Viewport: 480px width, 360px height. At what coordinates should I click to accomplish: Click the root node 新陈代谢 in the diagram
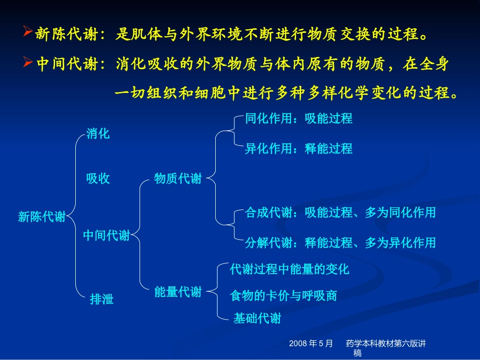[x=41, y=217]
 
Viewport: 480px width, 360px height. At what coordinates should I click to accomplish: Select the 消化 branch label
[x=98, y=134]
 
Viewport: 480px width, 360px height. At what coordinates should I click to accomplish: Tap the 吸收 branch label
[x=98, y=179]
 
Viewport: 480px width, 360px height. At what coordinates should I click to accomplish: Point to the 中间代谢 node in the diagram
[x=106, y=235]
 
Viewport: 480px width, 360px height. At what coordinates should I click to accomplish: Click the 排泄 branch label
[x=102, y=299]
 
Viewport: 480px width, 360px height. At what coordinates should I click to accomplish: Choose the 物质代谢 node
[x=177, y=179]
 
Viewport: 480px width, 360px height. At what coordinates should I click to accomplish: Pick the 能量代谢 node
[x=177, y=292]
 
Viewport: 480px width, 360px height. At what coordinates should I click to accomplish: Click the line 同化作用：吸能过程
[x=299, y=119]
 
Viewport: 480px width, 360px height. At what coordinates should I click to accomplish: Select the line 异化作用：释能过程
[x=299, y=149]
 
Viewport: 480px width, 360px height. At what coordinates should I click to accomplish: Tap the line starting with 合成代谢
[x=340, y=213]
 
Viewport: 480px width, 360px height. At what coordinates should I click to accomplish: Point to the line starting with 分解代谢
[x=340, y=243]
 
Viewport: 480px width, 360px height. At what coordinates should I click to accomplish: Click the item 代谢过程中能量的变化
[x=289, y=269]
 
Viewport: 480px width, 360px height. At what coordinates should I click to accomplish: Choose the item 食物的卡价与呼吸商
[x=283, y=295]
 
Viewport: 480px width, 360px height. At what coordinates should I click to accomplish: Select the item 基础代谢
[x=257, y=319]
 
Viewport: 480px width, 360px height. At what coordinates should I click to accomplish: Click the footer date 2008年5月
[x=311, y=344]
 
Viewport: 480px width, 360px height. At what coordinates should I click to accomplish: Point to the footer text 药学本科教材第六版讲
[x=386, y=344]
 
